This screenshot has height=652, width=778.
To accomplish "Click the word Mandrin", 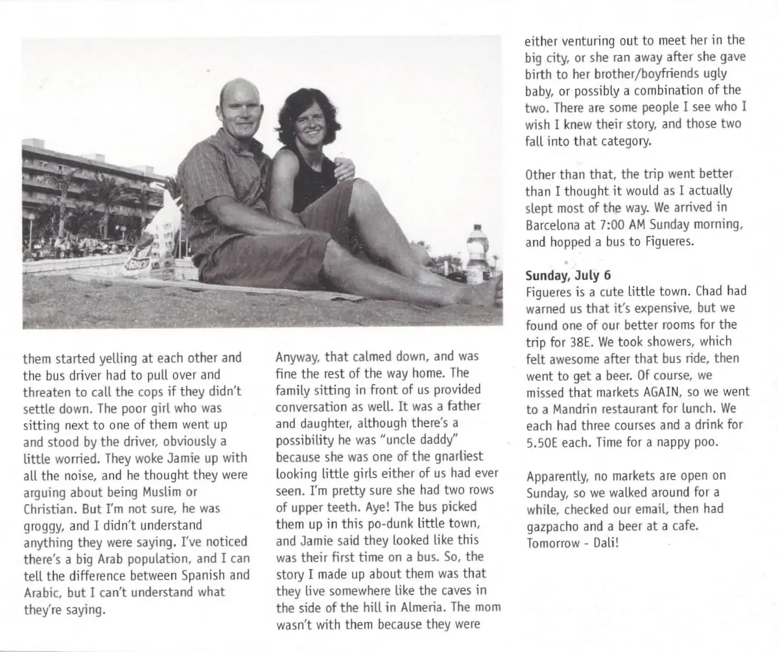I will click(565, 409).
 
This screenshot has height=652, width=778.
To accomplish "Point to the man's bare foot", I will click(483, 292).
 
